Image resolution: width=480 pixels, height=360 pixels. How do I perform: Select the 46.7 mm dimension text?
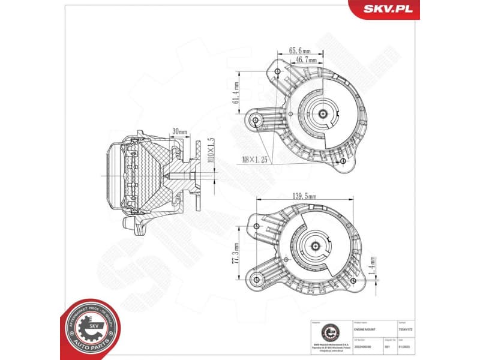tap(305, 61)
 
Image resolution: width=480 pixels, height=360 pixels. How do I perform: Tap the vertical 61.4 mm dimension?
tap(237, 93)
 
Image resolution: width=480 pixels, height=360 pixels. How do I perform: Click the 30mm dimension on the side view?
tap(179, 131)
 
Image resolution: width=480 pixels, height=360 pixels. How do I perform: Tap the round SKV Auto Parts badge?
tap(90, 327)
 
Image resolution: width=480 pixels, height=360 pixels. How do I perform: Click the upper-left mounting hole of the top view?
tap(277, 72)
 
